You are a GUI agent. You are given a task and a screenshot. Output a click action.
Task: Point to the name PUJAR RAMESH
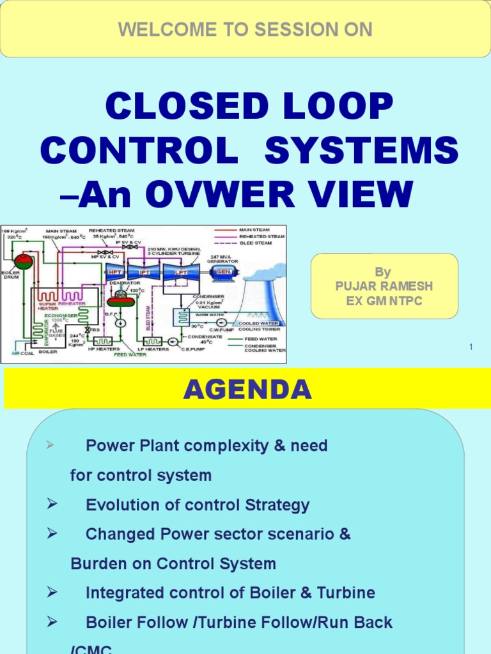(x=384, y=286)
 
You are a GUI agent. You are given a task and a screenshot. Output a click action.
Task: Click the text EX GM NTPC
(x=384, y=301)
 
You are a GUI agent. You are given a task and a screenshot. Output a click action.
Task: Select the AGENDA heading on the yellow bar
(x=247, y=389)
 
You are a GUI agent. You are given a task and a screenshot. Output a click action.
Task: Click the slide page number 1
(x=471, y=347)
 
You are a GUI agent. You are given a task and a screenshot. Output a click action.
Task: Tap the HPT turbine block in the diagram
(x=116, y=270)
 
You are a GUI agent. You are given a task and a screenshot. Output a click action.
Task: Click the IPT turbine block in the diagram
(x=144, y=270)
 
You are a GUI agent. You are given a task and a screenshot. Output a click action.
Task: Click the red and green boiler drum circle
(x=24, y=261)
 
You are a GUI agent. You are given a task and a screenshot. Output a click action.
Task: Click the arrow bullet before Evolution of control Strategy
(x=52, y=505)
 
